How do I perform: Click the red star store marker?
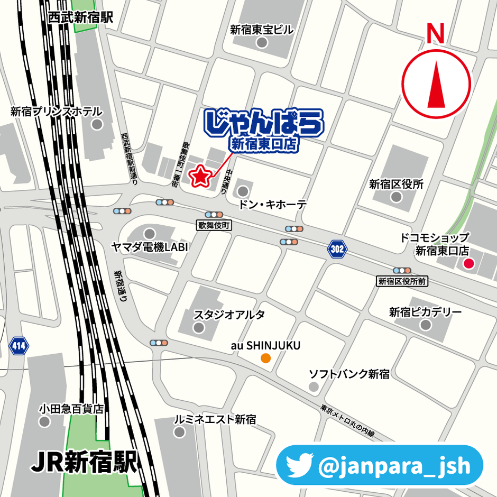point(200,177)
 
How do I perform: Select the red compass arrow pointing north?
point(436,85)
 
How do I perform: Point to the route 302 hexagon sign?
point(337,248)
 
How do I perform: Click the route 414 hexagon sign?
point(19,347)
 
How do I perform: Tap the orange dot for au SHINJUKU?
point(265,358)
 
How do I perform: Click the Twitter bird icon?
point(300,465)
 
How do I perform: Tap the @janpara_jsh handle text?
point(393,466)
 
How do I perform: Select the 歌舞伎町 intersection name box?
point(215,225)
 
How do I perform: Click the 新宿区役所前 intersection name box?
point(402,281)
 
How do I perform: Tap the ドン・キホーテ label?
point(272,205)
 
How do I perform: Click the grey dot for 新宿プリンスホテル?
point(97,125)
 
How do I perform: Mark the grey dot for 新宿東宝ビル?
point(262,43)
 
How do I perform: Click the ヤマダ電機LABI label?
point(150,247)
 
